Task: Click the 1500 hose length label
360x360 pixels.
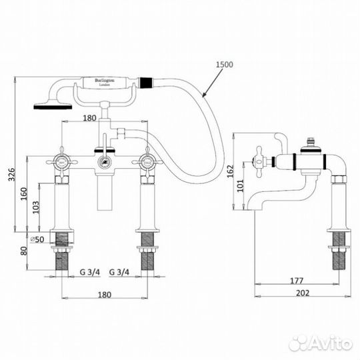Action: click(x=226, y=64)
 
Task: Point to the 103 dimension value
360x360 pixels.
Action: click(x=37, y=209)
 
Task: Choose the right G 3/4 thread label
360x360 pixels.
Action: click(x=120, y=273)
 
